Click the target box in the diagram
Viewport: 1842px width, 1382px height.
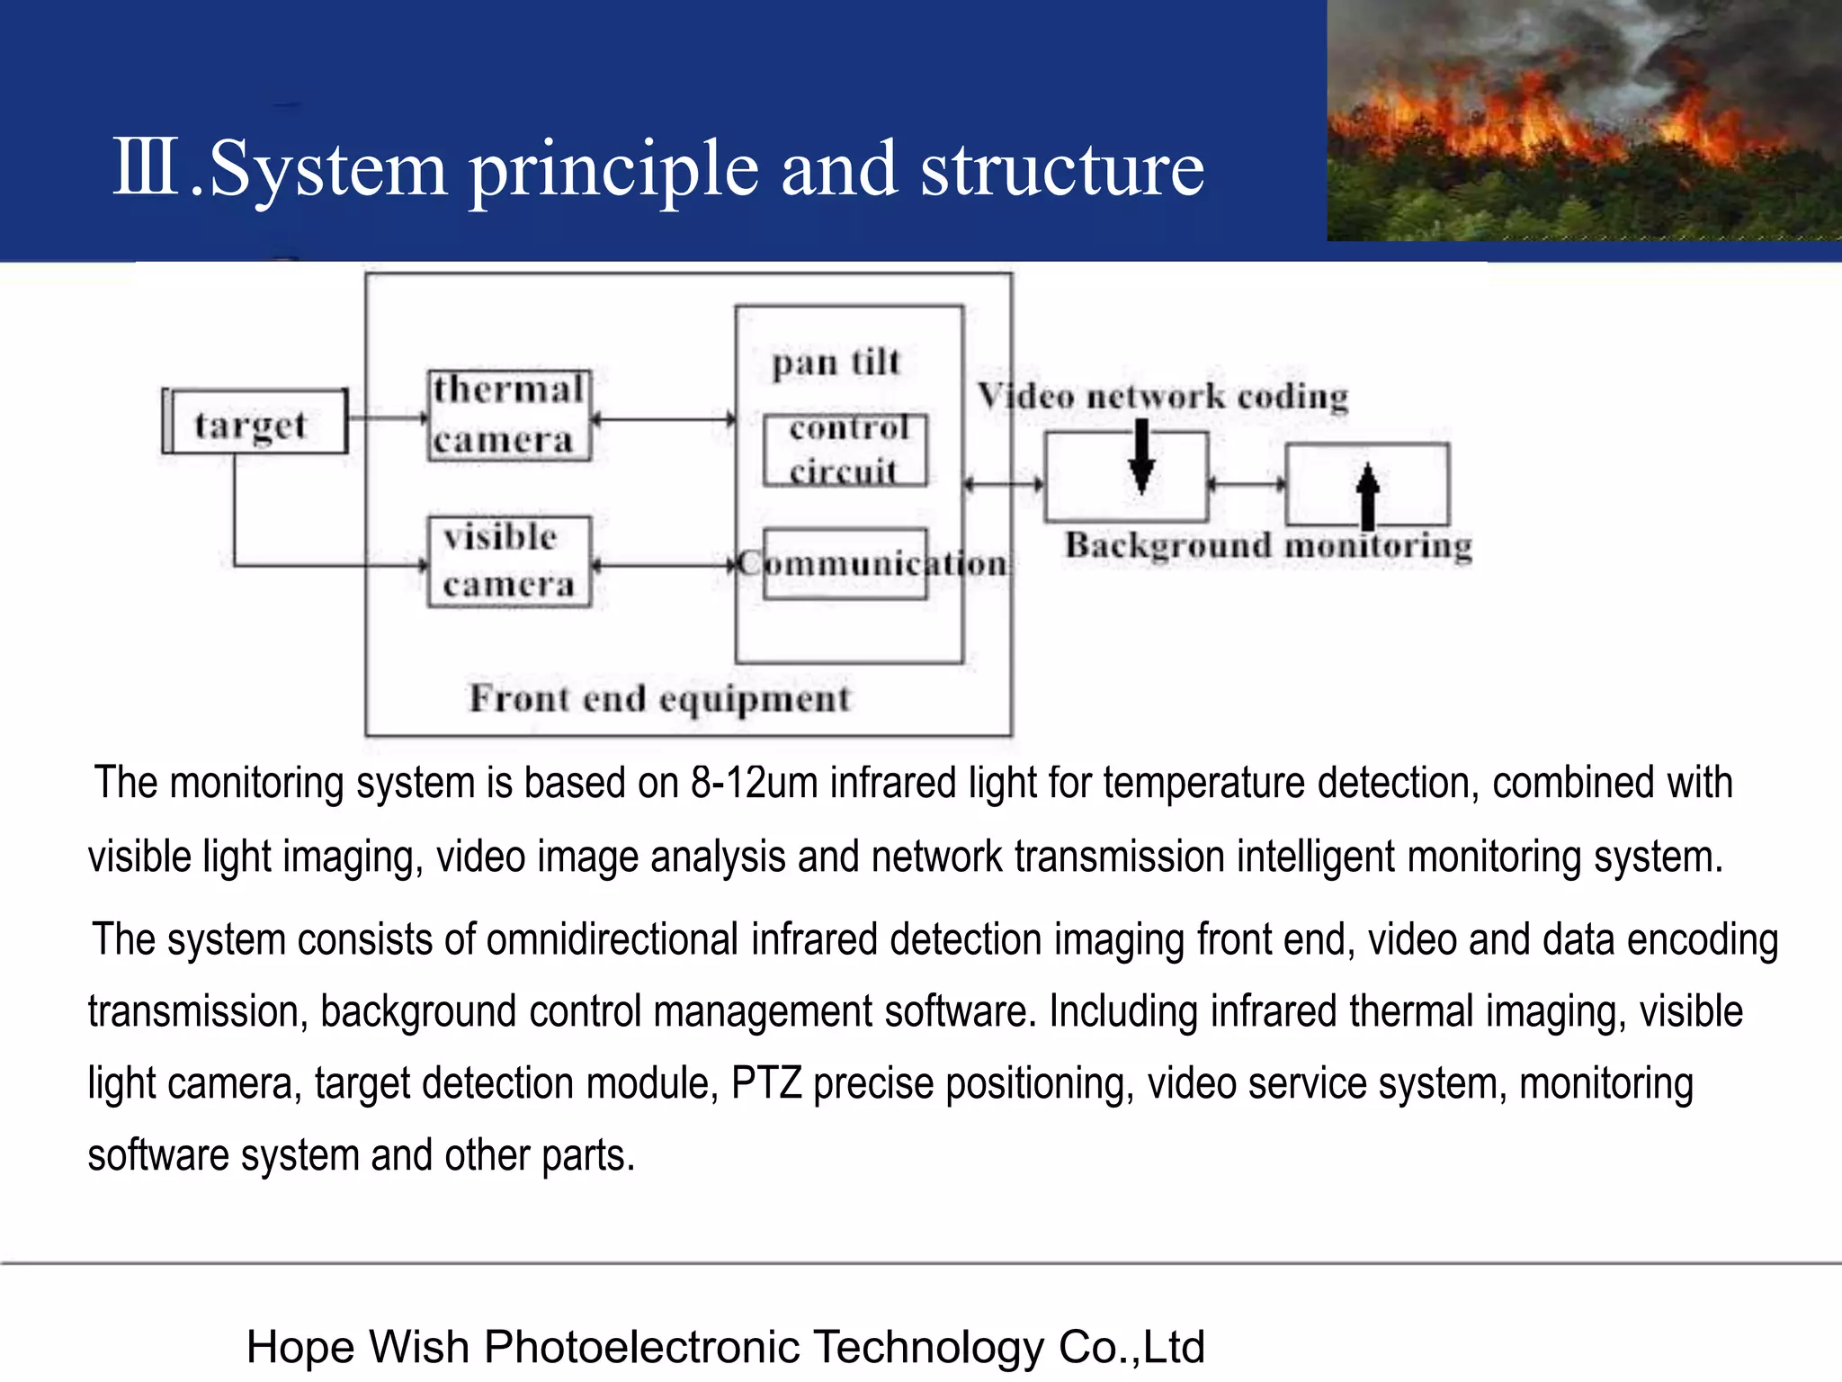pyautogui.click(x=255, y=422)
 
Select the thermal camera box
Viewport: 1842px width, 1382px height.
pyautogui.click(x=509, y=416)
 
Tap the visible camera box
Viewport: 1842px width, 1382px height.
pyautogui.click(x=509, y=561)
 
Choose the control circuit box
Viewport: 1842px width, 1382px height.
pyautogui.click(x=845, y=450)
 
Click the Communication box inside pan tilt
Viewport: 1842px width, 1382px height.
pyautogui.click(x=845, y=564)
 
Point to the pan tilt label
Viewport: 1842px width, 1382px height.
pyautogui.click(x=836, y=363)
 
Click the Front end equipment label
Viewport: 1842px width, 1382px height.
pyautogui.click(x=659, y=699)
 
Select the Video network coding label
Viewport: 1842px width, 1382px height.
pyautogui.click(x=1163, y=396)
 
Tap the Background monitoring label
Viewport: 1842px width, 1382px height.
pyautogui.click(x=1268, y=546)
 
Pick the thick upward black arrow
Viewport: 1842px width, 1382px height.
pyautogui.click(x=1367, y=495)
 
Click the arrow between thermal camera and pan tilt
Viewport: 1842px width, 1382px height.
pyautogui.click(x=664, y=419)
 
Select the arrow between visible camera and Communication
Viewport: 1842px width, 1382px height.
pyautogui.click(x=664, y=566)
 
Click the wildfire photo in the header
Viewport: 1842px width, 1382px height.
pyautogui.click(x=1584, y=121)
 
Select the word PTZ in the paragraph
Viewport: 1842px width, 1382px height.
pyautogui.click(x=765, y=1083)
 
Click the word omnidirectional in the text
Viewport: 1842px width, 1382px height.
pyautogui.click(x=613, y=940)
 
